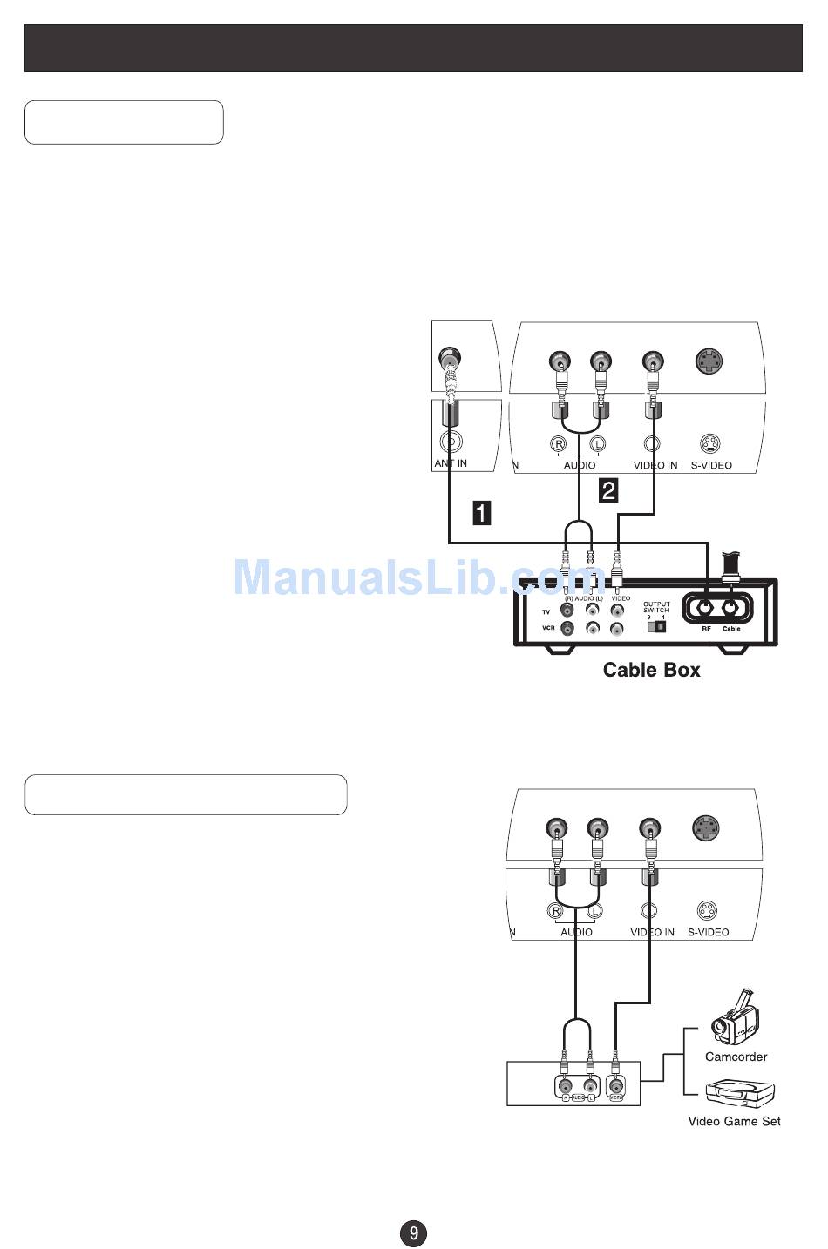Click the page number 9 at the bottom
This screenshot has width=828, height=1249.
click(413, 1232)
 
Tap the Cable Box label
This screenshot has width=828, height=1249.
click(651, 670)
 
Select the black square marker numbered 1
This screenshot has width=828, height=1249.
click(481, 513)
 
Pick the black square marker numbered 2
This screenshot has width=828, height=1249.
click(608, 489)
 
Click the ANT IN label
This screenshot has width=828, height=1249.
click(451, 463)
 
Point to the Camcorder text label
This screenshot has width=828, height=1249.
click(736, 1057)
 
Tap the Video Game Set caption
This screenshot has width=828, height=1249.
click(734, 1121)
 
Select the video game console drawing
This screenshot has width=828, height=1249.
click(739, 1094)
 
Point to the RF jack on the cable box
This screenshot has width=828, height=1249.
click(705, 608)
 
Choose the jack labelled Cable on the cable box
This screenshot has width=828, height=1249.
click(731, 608)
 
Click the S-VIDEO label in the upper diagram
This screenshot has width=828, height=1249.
click(711, 465)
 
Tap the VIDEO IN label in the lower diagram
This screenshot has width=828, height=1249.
click(652, 932)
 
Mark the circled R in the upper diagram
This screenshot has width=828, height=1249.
click(559, 444)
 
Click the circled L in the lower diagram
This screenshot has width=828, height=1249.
click(594, 911)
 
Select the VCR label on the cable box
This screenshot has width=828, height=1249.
click(548, 628)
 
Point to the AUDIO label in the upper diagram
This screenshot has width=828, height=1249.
click(579, 465)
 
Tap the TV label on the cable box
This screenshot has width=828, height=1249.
click(546, 612)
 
